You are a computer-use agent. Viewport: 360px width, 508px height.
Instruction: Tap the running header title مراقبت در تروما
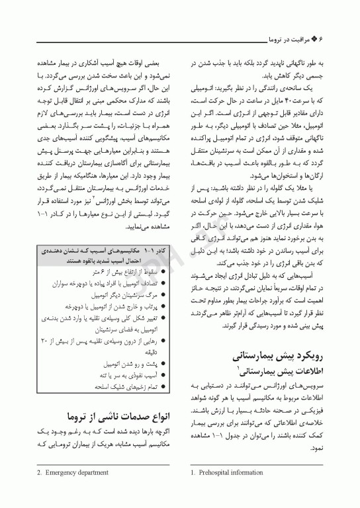(294, 40)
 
